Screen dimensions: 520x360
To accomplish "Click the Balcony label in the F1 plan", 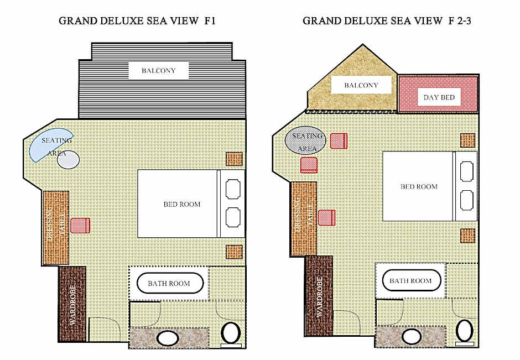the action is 159,71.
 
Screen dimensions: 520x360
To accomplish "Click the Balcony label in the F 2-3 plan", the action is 361,85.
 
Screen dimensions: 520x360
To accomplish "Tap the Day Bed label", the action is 439,97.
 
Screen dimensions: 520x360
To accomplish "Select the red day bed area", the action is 438,95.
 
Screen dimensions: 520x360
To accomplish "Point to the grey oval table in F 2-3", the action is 305,140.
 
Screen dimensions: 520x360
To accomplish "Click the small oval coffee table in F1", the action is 68,160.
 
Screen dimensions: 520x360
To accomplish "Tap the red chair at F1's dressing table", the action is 80,226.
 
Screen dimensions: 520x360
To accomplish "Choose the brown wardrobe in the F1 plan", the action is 72,304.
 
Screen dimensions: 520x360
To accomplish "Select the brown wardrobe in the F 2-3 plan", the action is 319,295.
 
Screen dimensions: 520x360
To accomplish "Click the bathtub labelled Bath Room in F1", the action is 170,284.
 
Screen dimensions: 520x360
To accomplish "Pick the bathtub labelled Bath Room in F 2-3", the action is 411,280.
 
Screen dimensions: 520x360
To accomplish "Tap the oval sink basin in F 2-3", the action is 411,337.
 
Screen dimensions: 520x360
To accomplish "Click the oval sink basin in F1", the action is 168,338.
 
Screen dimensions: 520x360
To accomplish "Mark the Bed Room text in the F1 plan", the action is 182,204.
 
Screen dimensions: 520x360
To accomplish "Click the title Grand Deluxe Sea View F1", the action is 137,21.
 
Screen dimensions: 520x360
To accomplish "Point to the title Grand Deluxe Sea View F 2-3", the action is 387,21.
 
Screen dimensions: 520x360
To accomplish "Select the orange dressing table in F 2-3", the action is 304,219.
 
